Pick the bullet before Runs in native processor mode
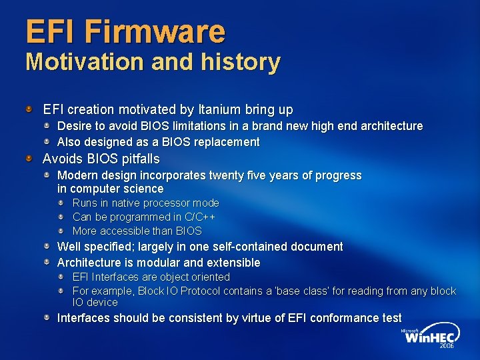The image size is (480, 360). (x=60, y=203)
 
